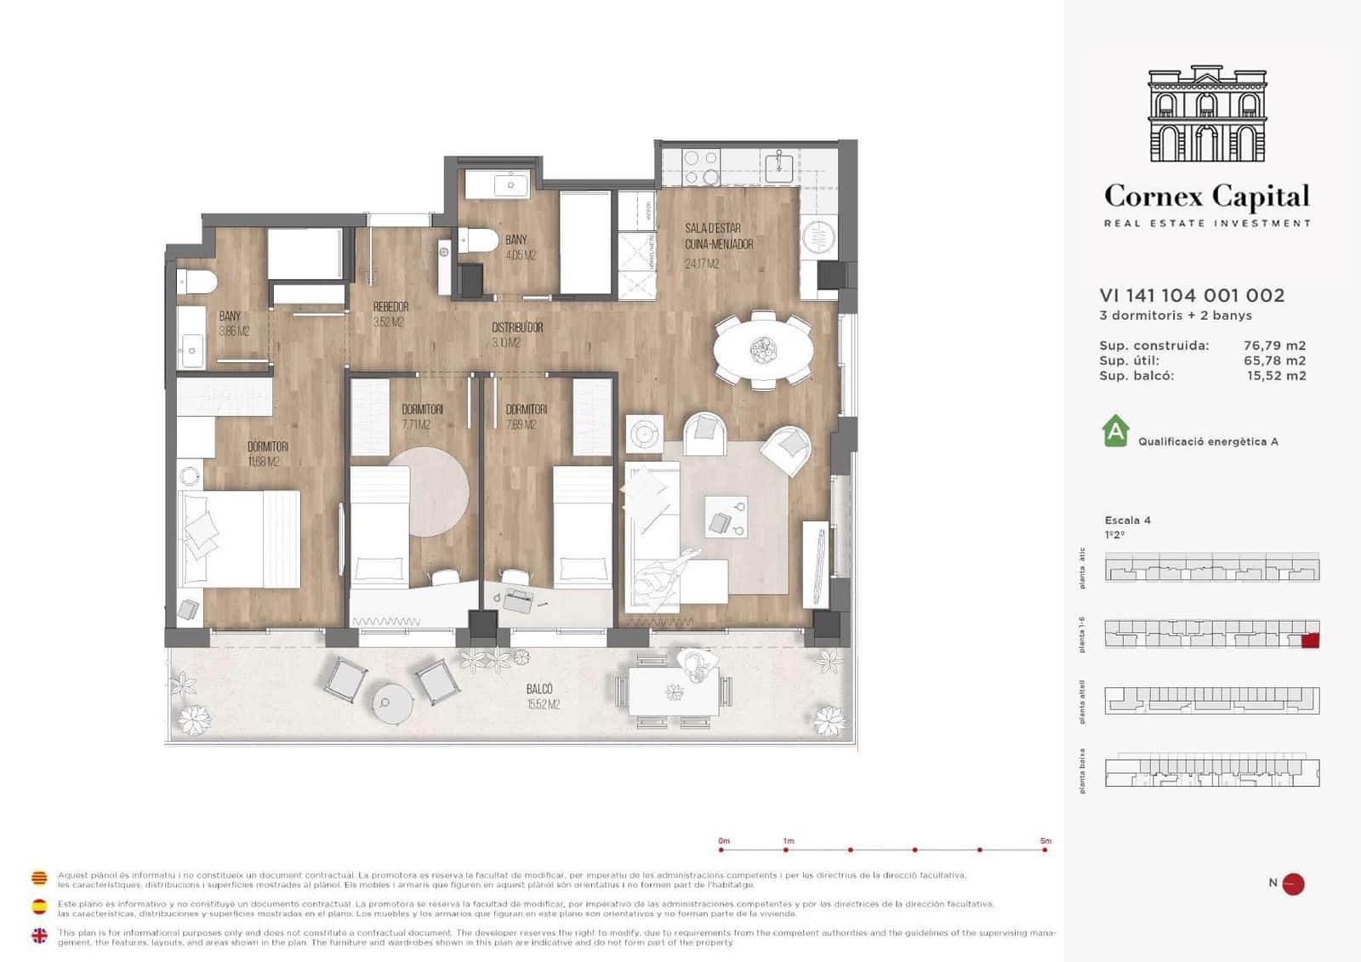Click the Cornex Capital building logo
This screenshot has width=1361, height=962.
1207,114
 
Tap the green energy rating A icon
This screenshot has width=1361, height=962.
1115,431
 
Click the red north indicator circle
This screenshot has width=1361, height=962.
1293,884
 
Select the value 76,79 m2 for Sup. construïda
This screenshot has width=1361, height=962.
1274,345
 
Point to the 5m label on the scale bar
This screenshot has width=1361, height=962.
1045,840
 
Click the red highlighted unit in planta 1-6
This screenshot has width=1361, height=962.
1310,640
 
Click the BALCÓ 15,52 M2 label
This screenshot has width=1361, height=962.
541,696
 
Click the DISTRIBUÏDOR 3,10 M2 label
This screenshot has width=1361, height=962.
516,334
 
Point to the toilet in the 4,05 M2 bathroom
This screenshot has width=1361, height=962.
478,242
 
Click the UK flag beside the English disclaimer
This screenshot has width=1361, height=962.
39,936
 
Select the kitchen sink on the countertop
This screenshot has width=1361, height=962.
778,167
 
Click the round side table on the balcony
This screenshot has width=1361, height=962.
392,703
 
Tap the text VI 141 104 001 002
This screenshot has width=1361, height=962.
1192,295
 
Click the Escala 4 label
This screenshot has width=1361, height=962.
1127,520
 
